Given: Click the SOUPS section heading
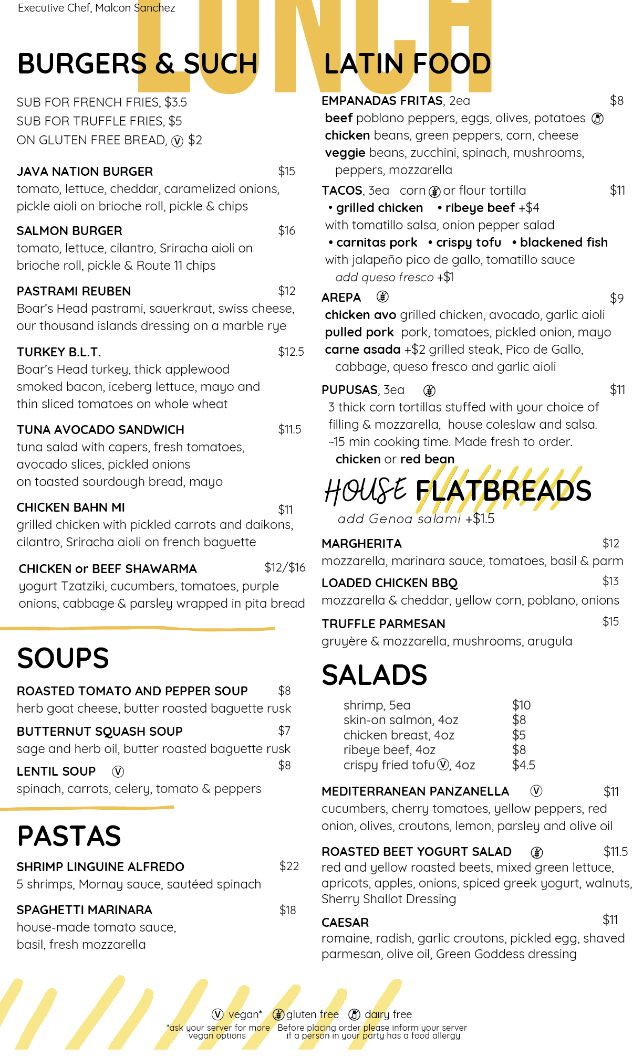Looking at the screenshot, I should point(63,658).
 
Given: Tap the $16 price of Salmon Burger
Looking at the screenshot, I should point(287,230).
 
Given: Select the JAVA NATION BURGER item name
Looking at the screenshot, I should point(85,172).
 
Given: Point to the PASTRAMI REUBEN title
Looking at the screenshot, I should point(74,291).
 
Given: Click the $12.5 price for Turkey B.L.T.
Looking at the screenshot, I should point(291,352).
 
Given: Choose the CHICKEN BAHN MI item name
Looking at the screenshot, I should point(70,507).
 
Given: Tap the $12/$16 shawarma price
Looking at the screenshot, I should point(285,567).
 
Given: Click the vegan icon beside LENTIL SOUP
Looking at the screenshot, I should point(118,771).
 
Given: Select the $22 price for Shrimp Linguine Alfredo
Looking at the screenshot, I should point(289,866).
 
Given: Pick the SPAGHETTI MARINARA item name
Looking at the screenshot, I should point(84,910).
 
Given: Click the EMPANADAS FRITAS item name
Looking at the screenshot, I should point(382,101).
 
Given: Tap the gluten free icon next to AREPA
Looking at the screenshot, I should point(382,297).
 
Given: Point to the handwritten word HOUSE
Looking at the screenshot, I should point(366,490).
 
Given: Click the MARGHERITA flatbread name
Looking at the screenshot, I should point(361,544).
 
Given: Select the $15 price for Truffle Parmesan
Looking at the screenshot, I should point(610,621).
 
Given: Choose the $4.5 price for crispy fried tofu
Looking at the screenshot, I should point(523,765).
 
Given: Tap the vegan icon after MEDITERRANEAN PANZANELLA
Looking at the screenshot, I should point(536,791).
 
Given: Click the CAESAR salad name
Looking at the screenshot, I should point(345,923).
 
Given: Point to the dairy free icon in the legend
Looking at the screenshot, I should point(355,1014).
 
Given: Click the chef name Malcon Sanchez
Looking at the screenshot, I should point(135,8).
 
